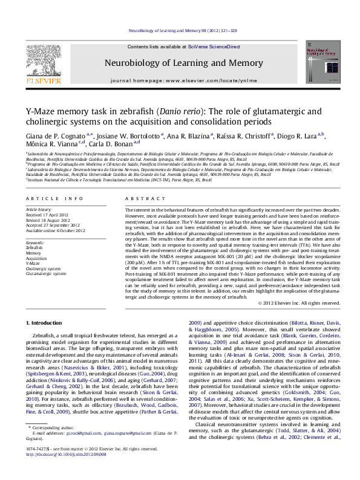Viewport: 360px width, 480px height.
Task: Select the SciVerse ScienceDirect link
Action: [214, 47]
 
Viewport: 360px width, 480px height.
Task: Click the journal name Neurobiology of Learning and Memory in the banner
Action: [184, 63]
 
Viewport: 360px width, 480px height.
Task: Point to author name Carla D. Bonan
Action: [114, 145]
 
